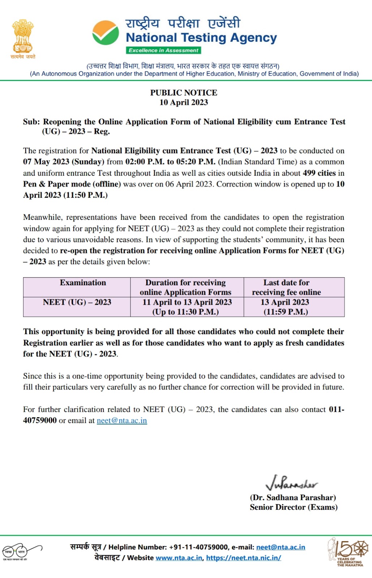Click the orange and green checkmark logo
pos(105,33)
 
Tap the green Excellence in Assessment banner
pos(163,50)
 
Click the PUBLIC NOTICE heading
pos(184,93)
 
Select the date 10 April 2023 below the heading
pos(184,102)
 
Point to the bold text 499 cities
pos(319,173)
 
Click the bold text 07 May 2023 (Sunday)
pos(64,162)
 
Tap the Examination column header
pos(83,283)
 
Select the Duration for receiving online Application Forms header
pos(185,287)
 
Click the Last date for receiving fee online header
pos(286,287)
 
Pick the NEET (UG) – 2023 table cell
pos(77,302)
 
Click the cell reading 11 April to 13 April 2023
pos(187,307)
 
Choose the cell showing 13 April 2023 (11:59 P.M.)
pos(285,307)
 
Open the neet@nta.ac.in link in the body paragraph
pos(122,420)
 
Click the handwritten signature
pos(291,482)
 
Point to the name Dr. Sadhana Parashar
pos(293,497)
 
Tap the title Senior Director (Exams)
pos(294,507)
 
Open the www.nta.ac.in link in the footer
pos(179,558)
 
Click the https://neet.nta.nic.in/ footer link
pos(243,558)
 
